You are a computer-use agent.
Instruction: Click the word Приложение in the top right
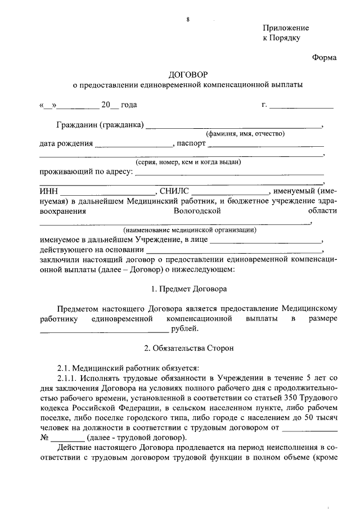(286, 28)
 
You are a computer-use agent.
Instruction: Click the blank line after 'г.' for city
(301, 105)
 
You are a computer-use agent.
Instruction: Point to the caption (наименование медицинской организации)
(190, 230)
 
